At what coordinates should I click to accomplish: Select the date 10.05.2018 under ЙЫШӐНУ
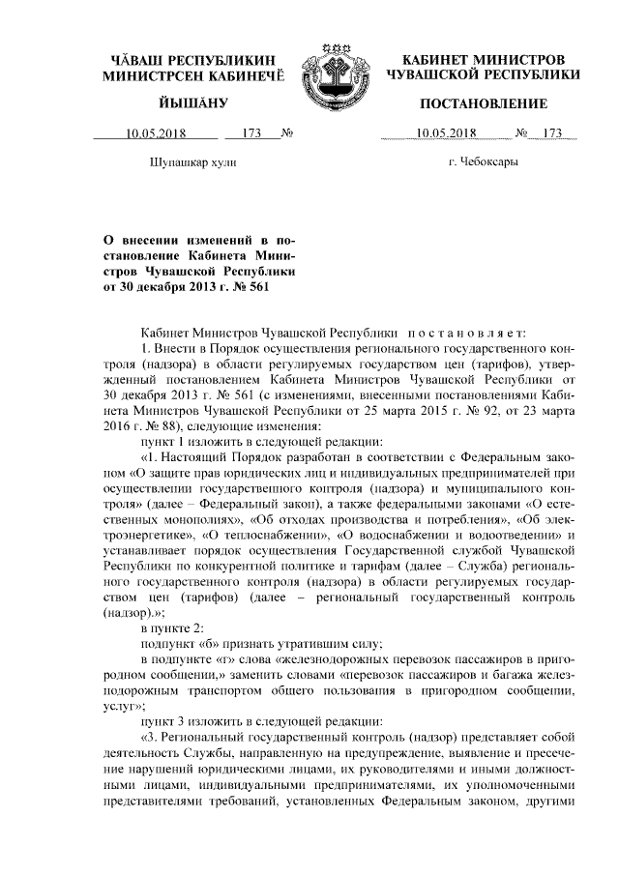coord(156,134)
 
